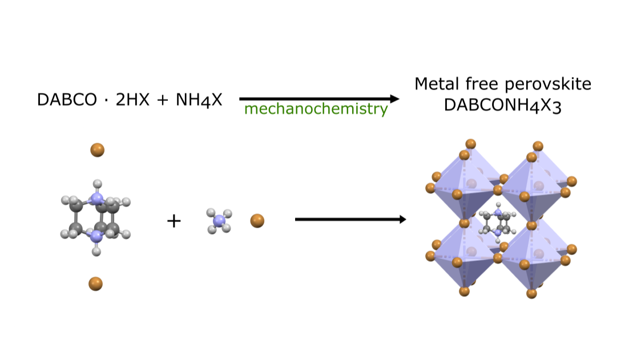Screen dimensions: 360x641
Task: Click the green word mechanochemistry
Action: click(x=316, y=109)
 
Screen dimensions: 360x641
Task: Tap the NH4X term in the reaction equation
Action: click(x=199, y=100)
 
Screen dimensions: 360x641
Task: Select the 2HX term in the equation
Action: click(x=133, y=100)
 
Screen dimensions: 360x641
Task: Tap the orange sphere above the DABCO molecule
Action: click(x=97, y=150)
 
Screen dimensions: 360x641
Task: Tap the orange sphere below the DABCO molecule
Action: click(x=95, y=284)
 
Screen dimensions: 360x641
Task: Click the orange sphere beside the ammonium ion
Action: click(x=257, y=220)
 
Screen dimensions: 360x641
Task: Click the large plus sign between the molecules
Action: click(x=174, y=221)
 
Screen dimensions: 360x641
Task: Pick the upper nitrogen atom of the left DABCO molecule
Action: click(x=97, y=199)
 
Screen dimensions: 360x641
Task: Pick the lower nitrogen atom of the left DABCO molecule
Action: click(x=96, y=236)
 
